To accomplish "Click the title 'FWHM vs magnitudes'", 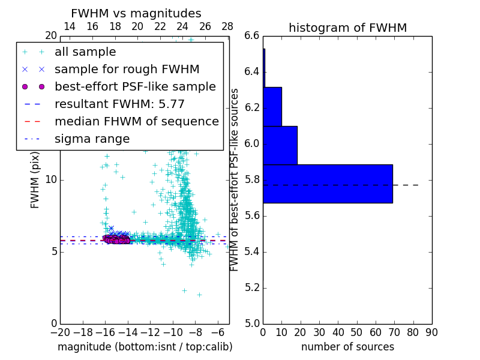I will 136,14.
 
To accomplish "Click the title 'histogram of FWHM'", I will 347,28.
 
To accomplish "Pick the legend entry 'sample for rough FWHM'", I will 127,70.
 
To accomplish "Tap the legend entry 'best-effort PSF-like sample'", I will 135,87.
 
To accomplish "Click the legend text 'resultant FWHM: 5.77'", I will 119,104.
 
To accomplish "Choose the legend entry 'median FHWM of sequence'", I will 136,122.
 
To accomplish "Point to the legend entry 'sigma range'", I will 92,139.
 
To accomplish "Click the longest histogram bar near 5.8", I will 328,184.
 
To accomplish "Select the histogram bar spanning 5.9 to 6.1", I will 280,145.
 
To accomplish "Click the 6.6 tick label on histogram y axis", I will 253,36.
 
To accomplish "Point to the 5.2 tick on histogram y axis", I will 253,287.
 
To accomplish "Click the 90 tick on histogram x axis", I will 431,332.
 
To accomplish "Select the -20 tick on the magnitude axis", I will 60,332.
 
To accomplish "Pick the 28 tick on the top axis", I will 227,27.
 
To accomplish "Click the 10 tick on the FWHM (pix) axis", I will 51,180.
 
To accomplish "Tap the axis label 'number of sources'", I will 347,347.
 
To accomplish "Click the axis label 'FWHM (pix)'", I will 35,180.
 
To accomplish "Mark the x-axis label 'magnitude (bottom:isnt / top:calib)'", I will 145,347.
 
